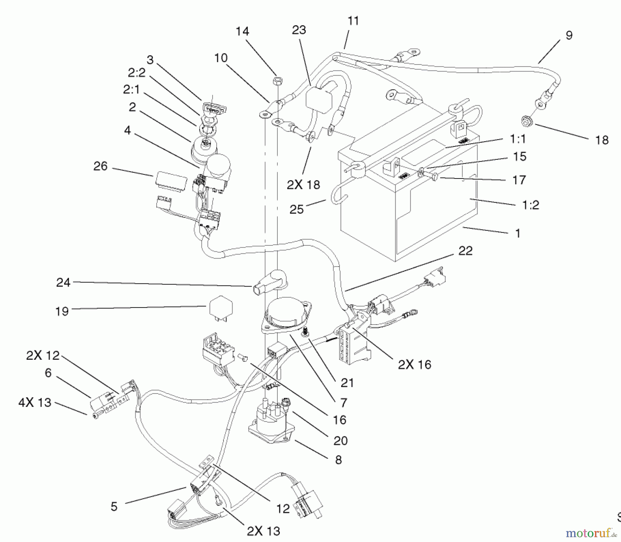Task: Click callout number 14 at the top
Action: tap(242, 31)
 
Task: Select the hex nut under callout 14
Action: tap(277, 81)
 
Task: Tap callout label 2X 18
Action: tap(303, 185)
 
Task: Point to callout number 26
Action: tap(100, 166)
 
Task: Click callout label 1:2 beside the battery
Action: tap(530, 205)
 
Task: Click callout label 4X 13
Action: tap(35, 403)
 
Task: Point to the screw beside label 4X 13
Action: tap(96, 416)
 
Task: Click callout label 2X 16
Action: tap(414, 365)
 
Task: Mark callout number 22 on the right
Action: tap(465, 251)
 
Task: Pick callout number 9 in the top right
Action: tap(569, 35)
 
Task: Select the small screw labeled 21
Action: tap(305, 332)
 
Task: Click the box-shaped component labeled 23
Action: tap(318, 97)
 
